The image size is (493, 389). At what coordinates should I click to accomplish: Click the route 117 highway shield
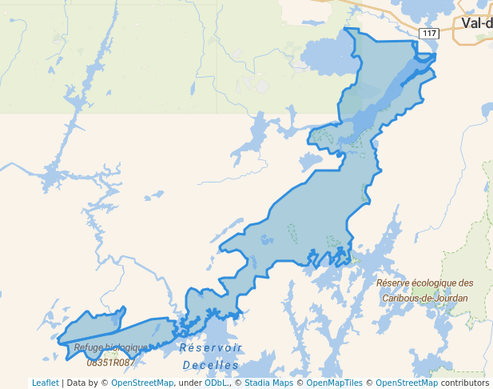click(429, 33)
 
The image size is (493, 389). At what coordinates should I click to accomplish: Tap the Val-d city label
click(476, 22)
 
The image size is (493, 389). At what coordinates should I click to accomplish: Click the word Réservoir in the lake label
click(210, 348)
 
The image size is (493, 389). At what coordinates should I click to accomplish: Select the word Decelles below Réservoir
click(210, 365)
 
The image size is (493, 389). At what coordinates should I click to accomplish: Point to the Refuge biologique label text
click(110, 348)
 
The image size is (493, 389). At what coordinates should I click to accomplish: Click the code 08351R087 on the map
click(111, 363)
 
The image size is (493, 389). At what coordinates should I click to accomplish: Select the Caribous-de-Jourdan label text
click(424, 298)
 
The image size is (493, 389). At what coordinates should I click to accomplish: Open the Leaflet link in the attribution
click(46, 383)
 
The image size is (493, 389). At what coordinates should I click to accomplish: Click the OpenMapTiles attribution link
click(334, 383)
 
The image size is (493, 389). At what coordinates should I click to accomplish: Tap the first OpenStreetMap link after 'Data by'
click(142, 383)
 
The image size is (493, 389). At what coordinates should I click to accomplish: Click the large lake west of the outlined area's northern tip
click(328, 56)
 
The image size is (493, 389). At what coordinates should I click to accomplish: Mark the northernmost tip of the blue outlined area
click(346, 29)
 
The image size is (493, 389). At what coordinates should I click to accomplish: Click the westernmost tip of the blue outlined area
click(58, 342)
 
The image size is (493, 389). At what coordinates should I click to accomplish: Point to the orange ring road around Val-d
click(459, 36)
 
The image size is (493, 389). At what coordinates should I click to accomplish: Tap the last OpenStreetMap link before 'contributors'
click(407, 383)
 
